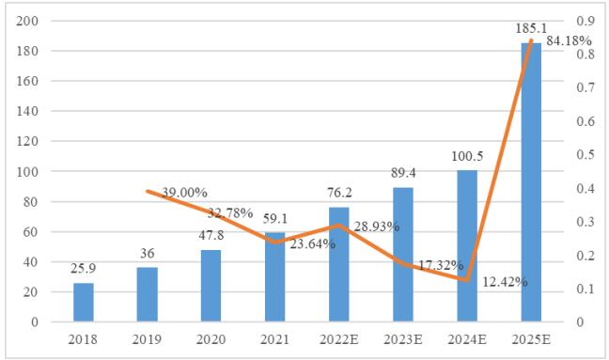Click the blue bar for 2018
(84, 303)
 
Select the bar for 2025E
(531, 182)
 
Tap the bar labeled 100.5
(467, 246)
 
